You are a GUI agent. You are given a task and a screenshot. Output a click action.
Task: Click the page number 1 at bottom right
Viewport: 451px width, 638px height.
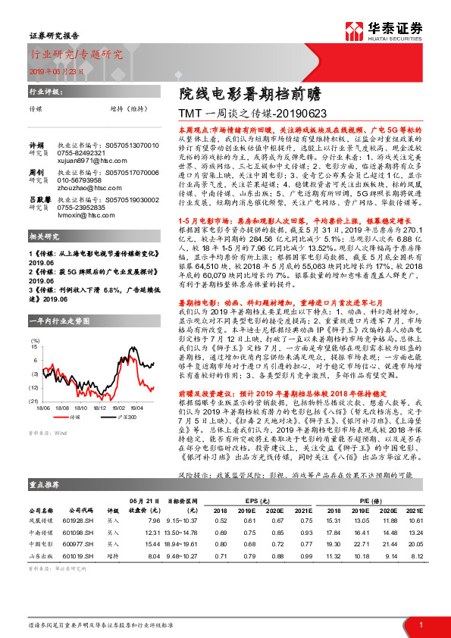coord(421,624)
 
